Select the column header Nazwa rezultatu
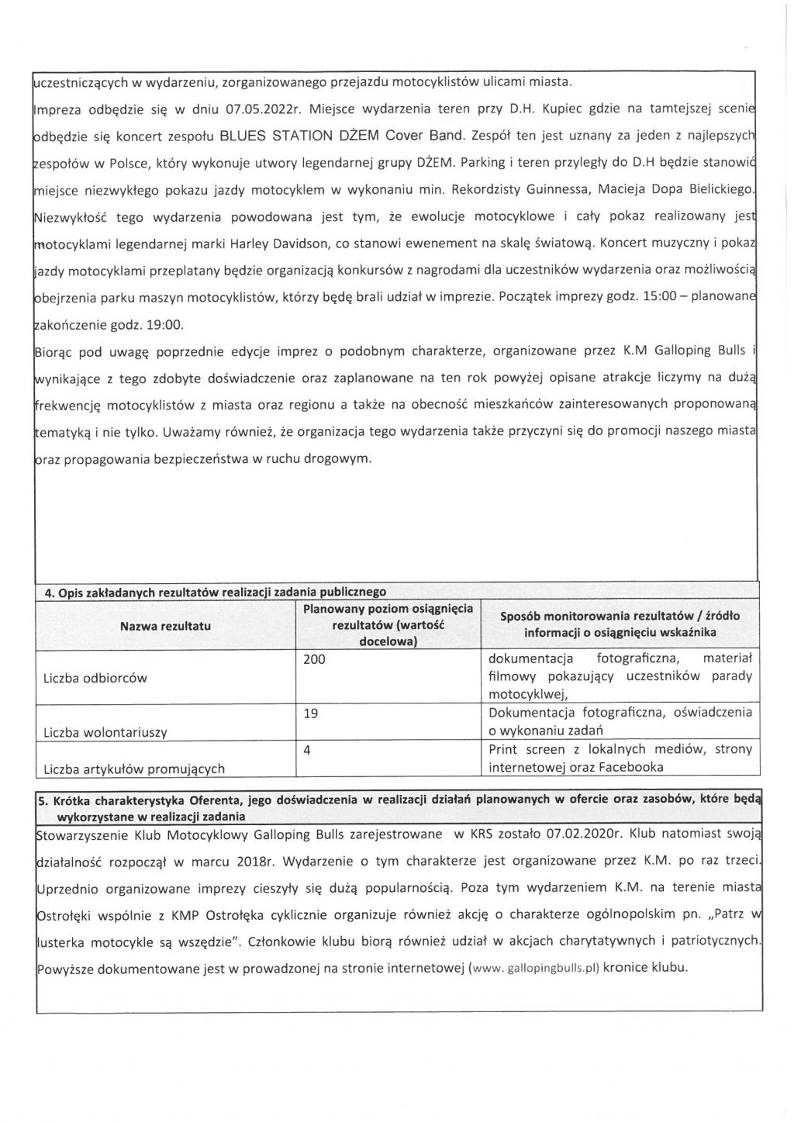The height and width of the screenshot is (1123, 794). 165,625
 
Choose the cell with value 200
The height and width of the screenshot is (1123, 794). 315,659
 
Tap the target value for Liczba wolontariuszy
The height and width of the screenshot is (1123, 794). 311,714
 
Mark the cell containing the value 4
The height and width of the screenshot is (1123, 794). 307,750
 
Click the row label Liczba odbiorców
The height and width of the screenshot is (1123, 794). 95,678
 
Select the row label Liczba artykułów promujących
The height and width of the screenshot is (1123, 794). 134,769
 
